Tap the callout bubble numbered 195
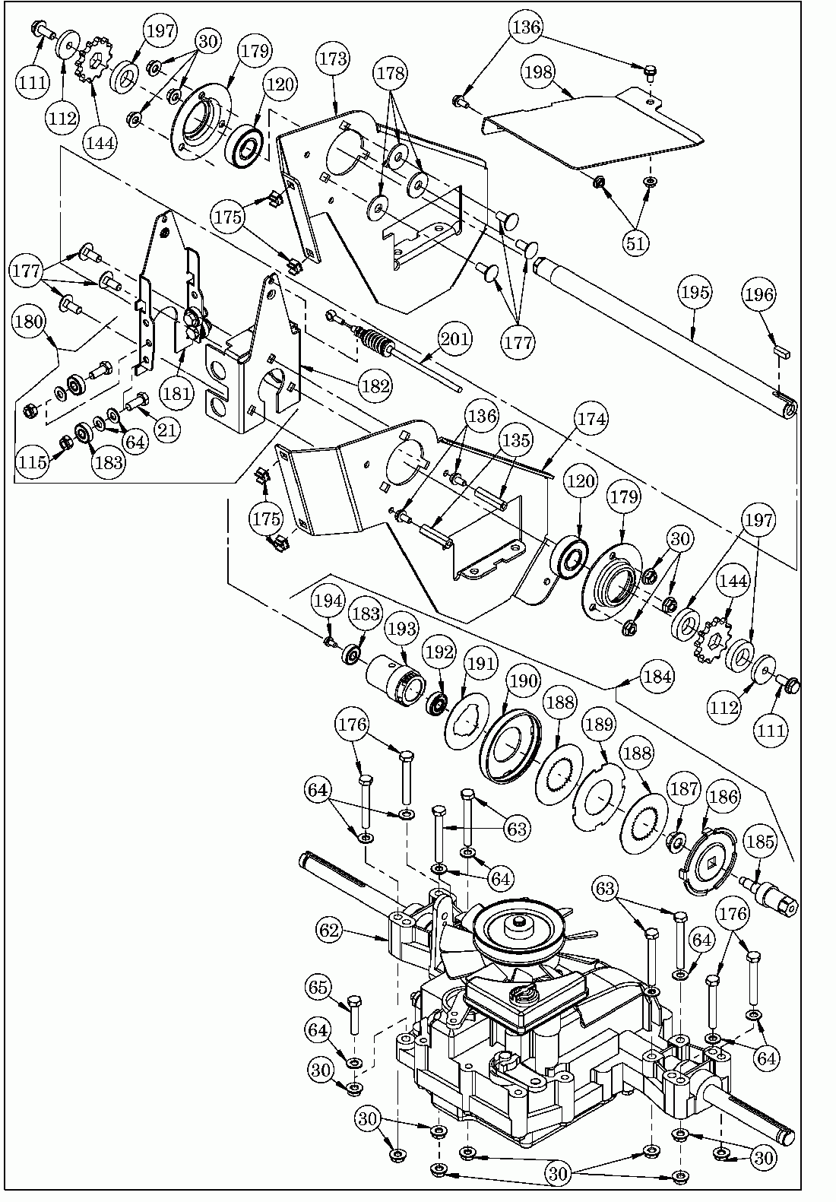(695, 291)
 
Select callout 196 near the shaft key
(759, 296)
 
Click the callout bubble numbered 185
(761, 842)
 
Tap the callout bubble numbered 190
(524, 680)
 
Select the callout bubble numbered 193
(401, 629)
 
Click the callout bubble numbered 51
(636, 243)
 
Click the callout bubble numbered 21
(168, 428)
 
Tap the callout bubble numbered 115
(33, 461)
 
